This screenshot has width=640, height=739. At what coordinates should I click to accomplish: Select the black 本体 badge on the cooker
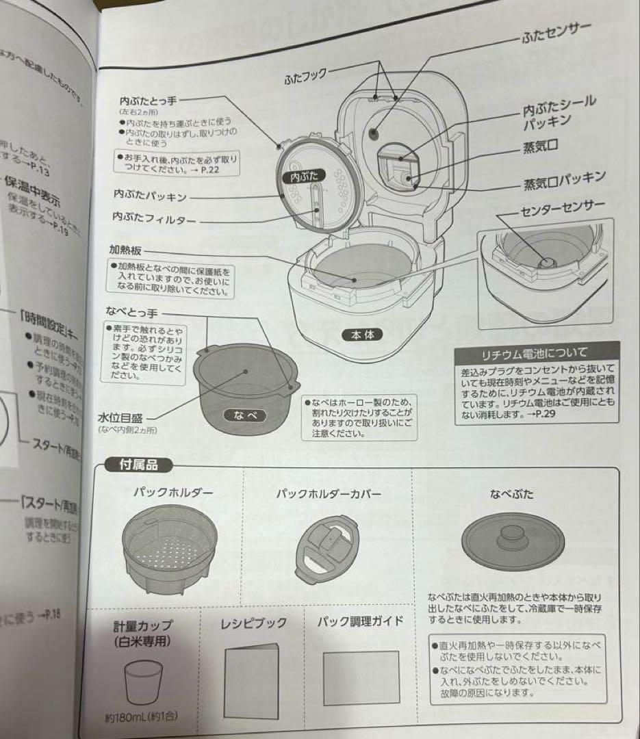362,335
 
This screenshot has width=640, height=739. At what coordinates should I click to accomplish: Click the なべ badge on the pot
243,415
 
